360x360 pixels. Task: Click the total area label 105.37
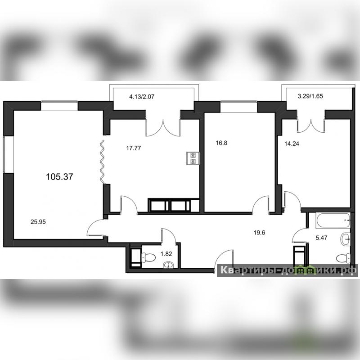coord(59,177)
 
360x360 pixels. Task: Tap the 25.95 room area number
coord(38,222)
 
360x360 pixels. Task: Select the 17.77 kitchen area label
coord(134,148)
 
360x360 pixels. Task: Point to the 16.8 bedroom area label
coord(221,143)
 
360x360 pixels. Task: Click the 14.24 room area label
coord(292,144)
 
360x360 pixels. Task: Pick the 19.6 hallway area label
coord(260,233)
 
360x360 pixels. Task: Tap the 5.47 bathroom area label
coord(321,238)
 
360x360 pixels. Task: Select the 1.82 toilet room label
coord(166,254)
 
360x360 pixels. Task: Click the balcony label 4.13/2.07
coord(142,97)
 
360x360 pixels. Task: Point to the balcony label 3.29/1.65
coord(310,96)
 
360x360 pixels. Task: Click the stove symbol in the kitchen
coord(193,158)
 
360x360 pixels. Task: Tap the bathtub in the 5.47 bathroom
coord(333,220)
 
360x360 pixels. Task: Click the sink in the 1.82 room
coord(170,265)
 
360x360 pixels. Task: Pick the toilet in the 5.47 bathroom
coord(343,258)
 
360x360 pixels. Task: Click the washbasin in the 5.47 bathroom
coord(346,239)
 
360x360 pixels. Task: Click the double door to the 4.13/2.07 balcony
coord(163,127)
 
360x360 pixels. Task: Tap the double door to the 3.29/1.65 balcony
coord(311,125)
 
